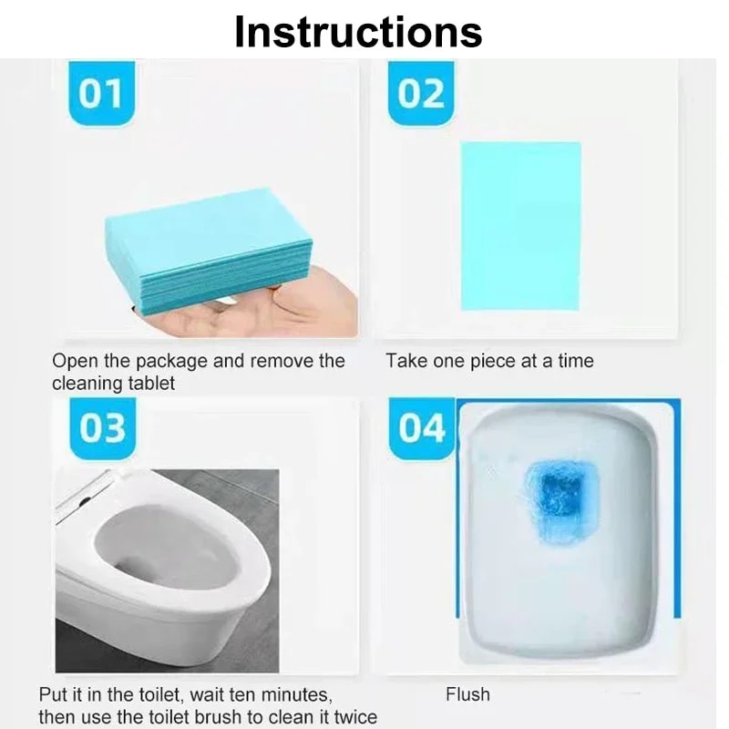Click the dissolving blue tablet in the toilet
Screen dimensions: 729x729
pyautogui.click(x=552, y=499)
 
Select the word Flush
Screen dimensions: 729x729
pyautogui.click(x=467, y=695)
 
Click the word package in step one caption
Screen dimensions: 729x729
pyautogui.click(x=173, y=362)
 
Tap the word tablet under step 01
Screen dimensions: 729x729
pyautogui.click(x=151, y=383)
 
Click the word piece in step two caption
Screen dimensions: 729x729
pyautogui.click(x=492, y=362)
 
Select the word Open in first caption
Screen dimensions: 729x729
pyautogui.click(x=72, y=362)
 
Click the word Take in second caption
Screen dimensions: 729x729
pyautogui.click(x=406, y=362)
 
